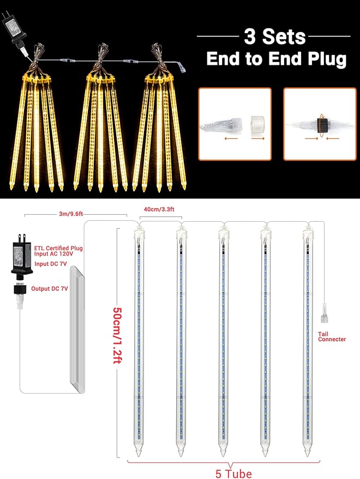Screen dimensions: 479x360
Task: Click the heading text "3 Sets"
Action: click(x=274, y=37)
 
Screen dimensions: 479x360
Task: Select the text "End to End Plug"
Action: click(x=276, y=59)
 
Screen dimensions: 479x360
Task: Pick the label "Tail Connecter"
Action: click(x=332, y=336)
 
